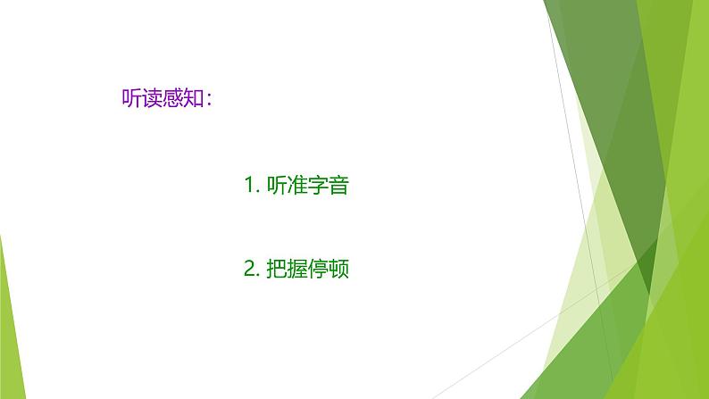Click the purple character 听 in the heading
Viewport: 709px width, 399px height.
click(130, 98)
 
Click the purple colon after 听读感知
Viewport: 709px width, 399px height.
click(209, 100)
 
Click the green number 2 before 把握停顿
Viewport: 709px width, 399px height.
click(249, 269)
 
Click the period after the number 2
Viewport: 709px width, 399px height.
click(258, 275)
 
